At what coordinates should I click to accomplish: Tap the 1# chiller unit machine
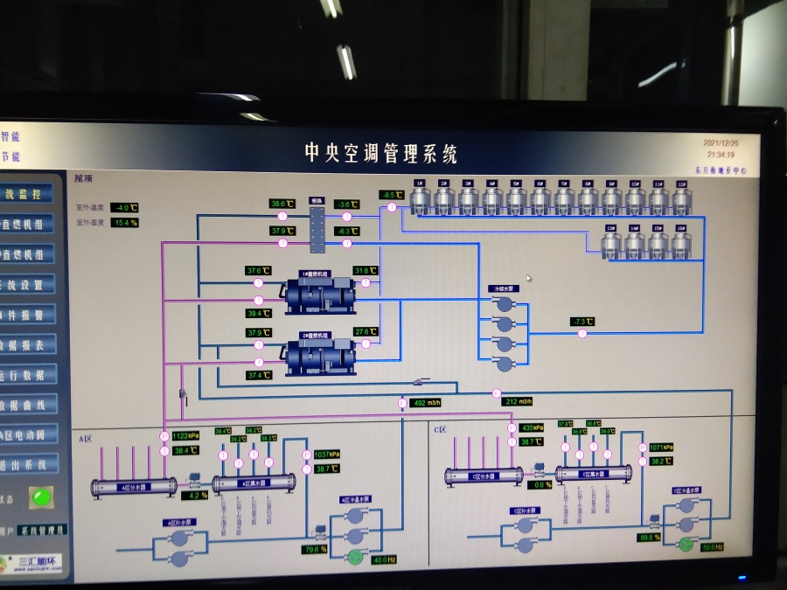(x=320, y=294)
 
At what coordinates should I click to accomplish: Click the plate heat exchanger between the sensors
(x=317, y=225)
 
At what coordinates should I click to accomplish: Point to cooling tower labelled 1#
(x=420, y=199)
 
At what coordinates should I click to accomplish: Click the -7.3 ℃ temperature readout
(x=582, y=322)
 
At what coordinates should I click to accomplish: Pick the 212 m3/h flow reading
(x=519, y=402)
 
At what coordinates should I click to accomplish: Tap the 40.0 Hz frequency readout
(x=384, y=559)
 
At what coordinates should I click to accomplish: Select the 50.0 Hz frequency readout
(x=712, y=547)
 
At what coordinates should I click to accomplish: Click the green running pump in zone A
(x=356, y=557)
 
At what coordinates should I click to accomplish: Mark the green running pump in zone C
(x=685, y=545)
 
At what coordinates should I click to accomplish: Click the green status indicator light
(x=39, y=498)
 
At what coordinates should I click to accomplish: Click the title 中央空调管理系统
(x=380, y=154)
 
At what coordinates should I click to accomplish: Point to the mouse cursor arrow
(x=528, y=279)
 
